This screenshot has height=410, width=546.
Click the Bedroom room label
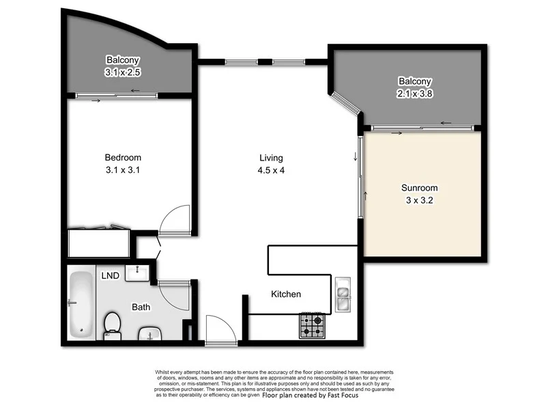(124, 158)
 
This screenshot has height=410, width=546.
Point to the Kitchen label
(286, 294)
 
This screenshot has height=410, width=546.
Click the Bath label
(141, 307)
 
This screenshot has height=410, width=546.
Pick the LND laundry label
(111, 276)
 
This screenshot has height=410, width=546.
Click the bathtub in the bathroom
(82, 304)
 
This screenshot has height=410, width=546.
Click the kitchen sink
(343, 294)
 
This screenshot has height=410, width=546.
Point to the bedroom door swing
(173, 221)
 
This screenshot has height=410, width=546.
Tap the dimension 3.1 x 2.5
(123, 71)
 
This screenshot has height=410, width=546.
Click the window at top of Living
(270, 62)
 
